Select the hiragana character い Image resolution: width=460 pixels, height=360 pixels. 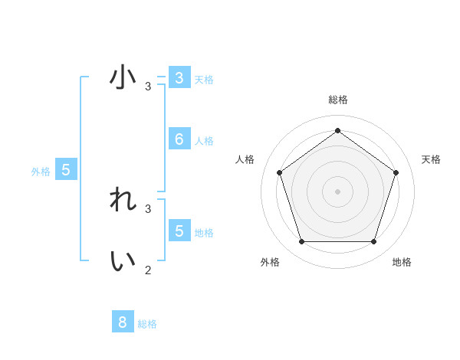pyautogui.click(x=123, y=260)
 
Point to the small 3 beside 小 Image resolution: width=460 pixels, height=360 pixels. pyautogui.click(x=148, y=87)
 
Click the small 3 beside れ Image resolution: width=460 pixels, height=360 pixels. pyautogui.click(x=148, y=208)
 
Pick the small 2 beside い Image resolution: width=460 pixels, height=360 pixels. pyautogui.click(x=148, y=270)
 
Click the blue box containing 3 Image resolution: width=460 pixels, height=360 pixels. pyautogui.click(x=179, y=78)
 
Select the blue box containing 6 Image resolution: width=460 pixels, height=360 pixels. pyautogui.click(x=179, y=139)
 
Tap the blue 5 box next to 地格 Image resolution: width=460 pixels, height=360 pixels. pyautogui.click(x=179, y=231)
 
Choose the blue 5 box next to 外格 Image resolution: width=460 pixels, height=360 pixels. pyautogui.click(x=66, y=170)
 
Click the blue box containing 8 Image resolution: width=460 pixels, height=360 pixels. pyautogui.click(x=122, y=322)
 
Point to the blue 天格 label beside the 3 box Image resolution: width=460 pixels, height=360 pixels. pyautogui.click(x=204, y=80)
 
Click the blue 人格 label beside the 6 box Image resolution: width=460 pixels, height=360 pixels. pyautogui.click(x=204, y=141)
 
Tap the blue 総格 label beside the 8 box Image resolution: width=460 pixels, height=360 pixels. pyautogui.click(x=147, y=324)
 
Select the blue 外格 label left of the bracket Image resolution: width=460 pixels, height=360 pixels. pyautogui.click(x=41, y=172)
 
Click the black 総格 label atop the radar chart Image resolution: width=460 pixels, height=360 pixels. pyautogui.click(x=337, y=100)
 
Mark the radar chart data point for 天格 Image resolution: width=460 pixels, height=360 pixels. pyautogui.click(x=396, y=172)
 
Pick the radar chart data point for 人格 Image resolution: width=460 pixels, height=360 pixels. pyautogui.click(x=279, y=172)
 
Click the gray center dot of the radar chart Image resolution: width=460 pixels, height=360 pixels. pyautogui.click(x=337, y=191)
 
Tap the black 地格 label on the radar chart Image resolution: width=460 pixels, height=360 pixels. pyautogui.click(x=402, y=262)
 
